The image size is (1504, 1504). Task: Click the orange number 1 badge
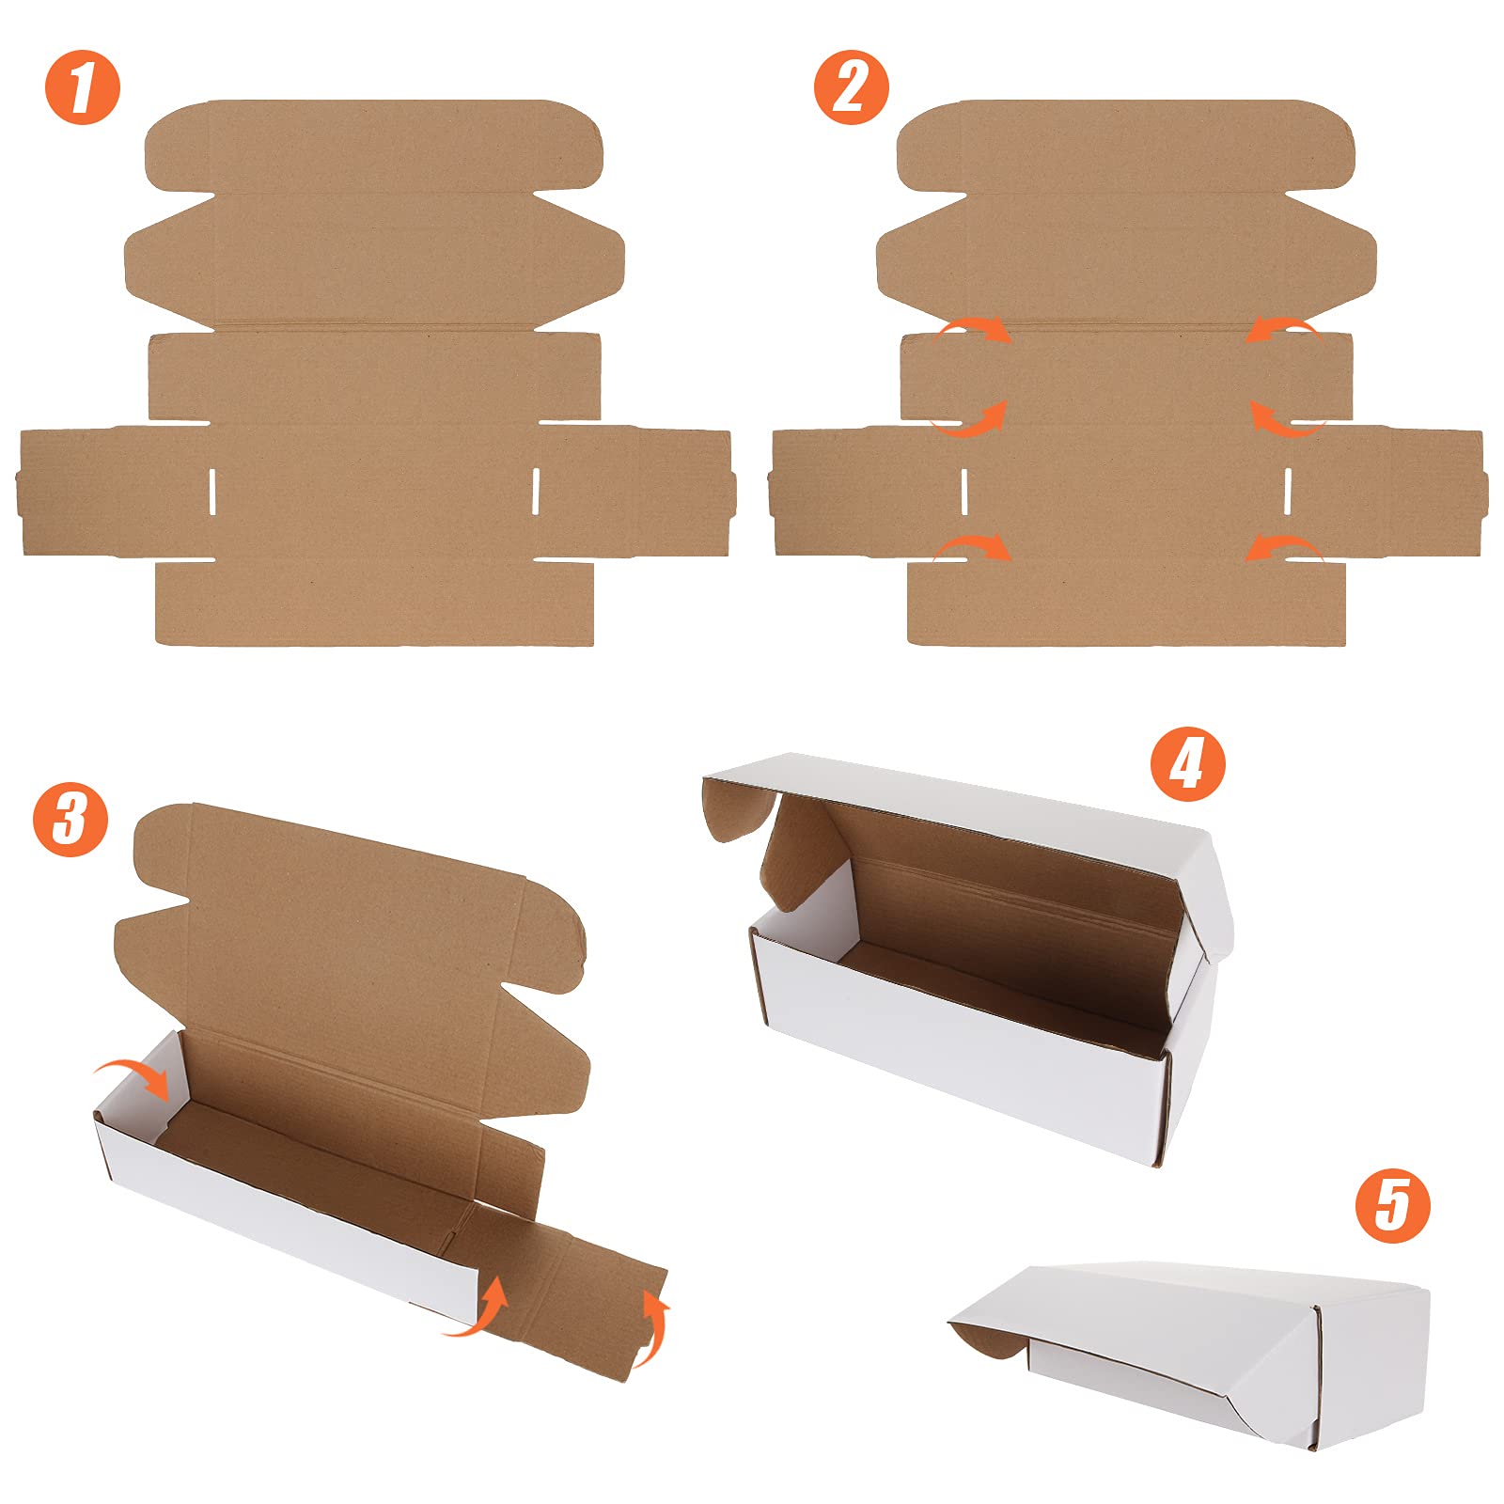coord(83,86)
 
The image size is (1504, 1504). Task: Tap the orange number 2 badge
coord(852,86)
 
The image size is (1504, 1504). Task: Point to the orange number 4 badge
coord(1188,763)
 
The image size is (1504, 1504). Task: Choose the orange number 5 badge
coord(1392,1205)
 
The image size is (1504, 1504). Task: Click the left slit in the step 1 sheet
coord(212,490)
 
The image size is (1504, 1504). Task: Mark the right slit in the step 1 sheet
coord(536,490)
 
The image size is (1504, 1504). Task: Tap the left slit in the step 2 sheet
coord(964,490)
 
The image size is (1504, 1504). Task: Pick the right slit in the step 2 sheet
coord(1288,490)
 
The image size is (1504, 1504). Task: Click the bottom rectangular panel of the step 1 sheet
coord(375,603)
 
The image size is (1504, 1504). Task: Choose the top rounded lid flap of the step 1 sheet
coord(374,146)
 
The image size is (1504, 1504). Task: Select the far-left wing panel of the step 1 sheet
coord(113,491)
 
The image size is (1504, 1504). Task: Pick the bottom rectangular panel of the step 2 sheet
coord(1126,603)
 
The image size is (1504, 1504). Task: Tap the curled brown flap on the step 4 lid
coord(740,808)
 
